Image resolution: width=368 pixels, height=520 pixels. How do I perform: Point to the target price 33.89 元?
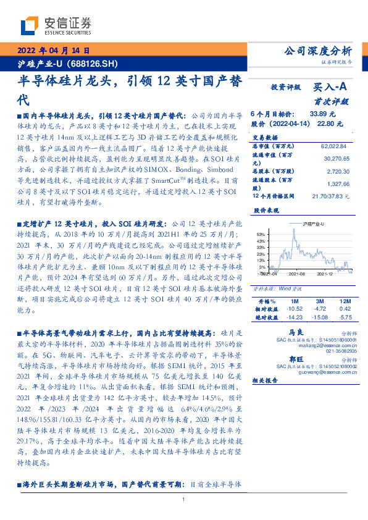tap(322, 114)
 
